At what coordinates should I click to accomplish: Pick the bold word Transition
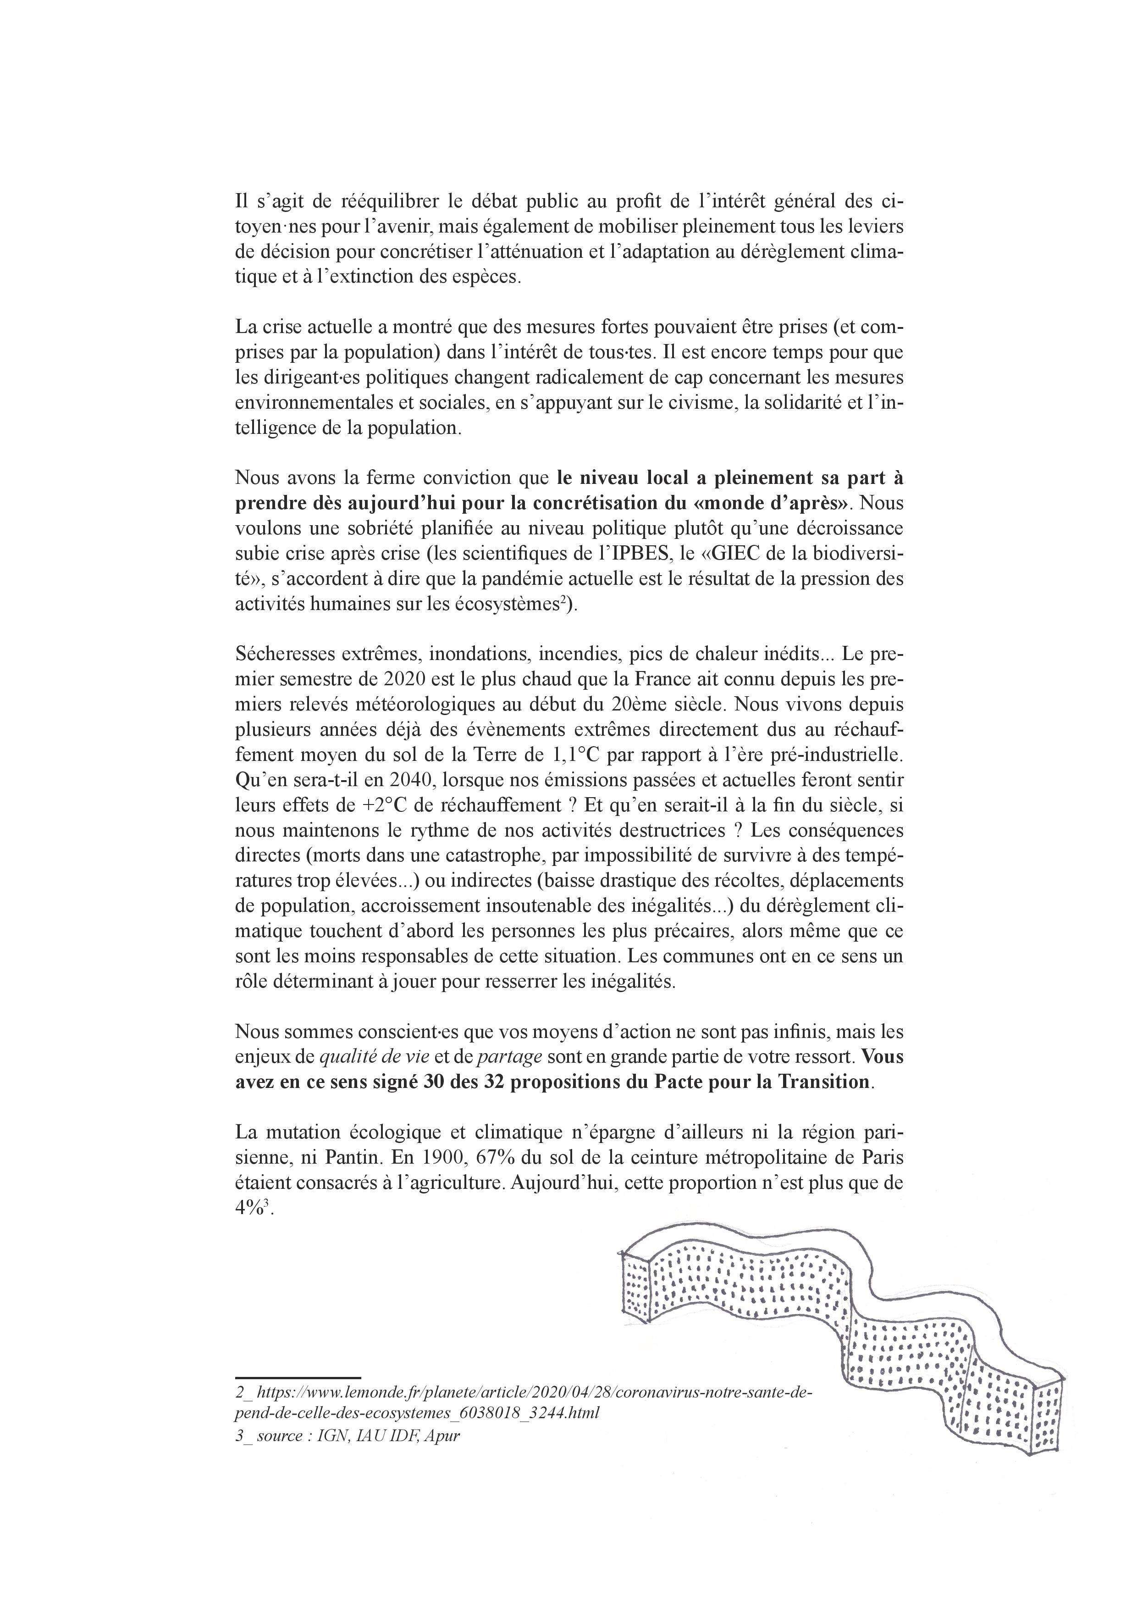pos(822,1082)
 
